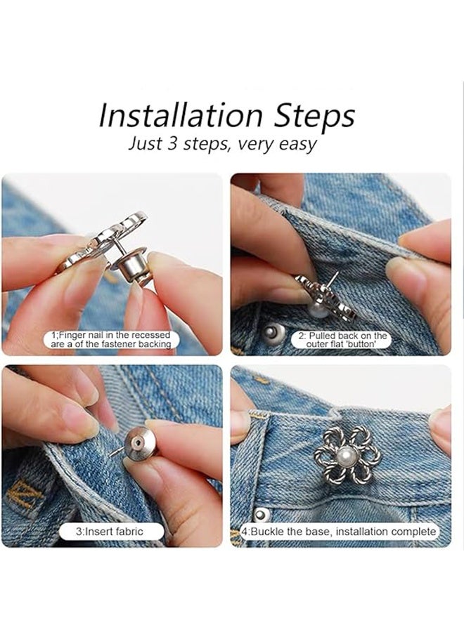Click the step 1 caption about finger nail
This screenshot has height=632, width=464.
pos(111,340)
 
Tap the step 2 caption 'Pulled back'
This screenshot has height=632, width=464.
pos(343,340)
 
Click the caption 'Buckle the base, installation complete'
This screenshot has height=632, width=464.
pos(342,532)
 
